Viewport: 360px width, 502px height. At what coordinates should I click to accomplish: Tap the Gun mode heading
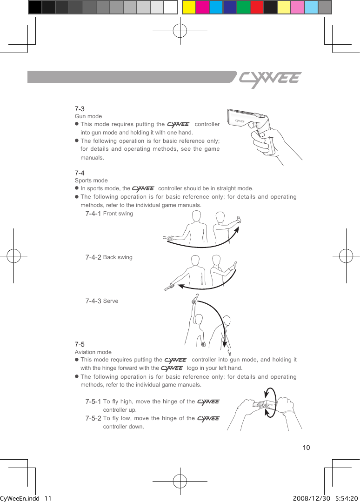pyautogui.click(x=88, y=116)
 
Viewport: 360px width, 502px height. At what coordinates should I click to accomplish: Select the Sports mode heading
pyautogui.click(x=91, y=181)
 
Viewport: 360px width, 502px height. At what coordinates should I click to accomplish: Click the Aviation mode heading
pyautogui.click(x=93, y=352)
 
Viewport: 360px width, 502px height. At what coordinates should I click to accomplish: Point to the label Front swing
pyautogui.click(x=118, y=214)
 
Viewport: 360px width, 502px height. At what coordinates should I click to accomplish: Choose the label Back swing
pyautogui.click(x=118, y=257)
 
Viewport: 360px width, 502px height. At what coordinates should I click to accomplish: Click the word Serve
pyautogui.click(x=111, y=301)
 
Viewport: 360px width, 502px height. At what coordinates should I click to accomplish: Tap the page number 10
pyautogui.click(x=306, y=448)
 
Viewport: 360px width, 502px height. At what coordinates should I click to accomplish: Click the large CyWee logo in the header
pyautogui.click(x=270, y=79)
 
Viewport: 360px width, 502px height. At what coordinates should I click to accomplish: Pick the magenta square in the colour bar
pyautogui.click(x=202, y=7)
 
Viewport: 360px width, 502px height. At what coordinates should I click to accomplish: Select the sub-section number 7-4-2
pyautogui.click(x=93, y=257)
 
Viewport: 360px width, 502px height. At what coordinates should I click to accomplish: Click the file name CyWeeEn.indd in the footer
pyautogui.click(x=19, y=498)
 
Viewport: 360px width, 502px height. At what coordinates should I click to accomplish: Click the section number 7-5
pyautogui.click(x=80, y=344)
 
